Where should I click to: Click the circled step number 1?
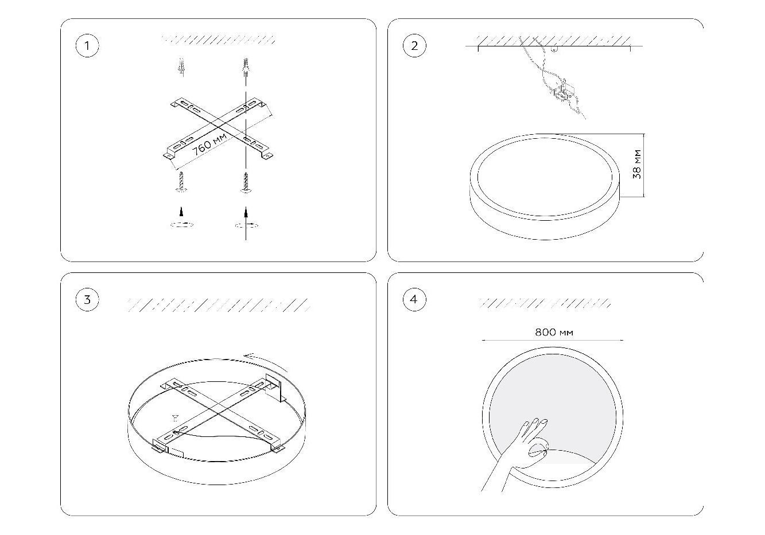[87, 45]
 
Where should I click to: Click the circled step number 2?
[414, 45]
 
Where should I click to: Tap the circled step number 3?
[87, 299]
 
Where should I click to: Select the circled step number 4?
[414, 299]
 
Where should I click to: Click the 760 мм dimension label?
[209, 144]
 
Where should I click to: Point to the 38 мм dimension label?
[636, 164]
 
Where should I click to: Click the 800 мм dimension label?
[554, 332]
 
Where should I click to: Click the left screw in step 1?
[182, 182]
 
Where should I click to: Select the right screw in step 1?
[246, 182]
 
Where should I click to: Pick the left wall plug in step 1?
[182, 67]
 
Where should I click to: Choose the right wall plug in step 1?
[245, 68]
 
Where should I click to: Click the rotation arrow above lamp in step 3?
[267, 361]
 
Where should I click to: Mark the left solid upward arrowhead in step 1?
[181, 212]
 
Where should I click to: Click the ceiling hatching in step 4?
[545, 303]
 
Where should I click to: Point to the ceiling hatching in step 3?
[219, 305]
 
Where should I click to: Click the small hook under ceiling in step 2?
[554, 49]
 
